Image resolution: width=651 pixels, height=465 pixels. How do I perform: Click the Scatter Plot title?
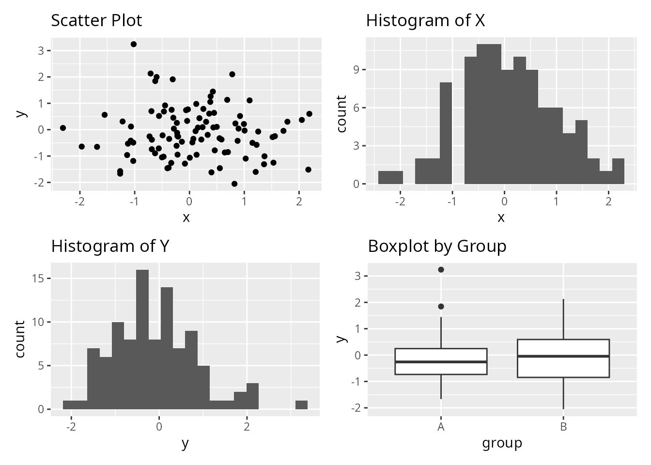click(96, 20)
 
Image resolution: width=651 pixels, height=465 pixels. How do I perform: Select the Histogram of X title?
click(425, 20)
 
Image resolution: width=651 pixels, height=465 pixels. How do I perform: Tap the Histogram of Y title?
click(110, 246)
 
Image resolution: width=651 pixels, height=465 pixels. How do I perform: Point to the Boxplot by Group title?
click(437, 246)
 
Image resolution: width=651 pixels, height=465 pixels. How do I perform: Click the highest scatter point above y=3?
click(134, 44)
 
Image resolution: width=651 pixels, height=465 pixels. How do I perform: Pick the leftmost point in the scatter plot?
click(63, 128)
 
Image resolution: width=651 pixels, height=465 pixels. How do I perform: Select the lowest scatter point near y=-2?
click(234, 184)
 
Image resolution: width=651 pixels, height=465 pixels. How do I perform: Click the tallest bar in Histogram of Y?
click(142, 339)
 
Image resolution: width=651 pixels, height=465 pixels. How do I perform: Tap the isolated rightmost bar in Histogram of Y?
click(301, 405)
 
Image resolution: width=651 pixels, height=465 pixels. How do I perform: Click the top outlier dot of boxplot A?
click(441, 269)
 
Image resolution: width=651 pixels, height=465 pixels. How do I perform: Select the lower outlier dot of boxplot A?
click(441, 306)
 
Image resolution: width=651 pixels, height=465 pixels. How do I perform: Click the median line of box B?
click(563, 356)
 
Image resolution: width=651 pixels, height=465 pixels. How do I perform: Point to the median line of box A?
click(441, 361)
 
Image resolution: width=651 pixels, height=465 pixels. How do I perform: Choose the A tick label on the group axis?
click(441, 427)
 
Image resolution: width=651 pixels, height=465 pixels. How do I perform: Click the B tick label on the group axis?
click(563, 427)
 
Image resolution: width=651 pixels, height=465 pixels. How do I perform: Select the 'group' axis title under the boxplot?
click(502, 443)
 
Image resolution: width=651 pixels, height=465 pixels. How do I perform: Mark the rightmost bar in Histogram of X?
click(618, 171)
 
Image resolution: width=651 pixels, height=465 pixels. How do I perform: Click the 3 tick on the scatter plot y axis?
click(41, 50)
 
